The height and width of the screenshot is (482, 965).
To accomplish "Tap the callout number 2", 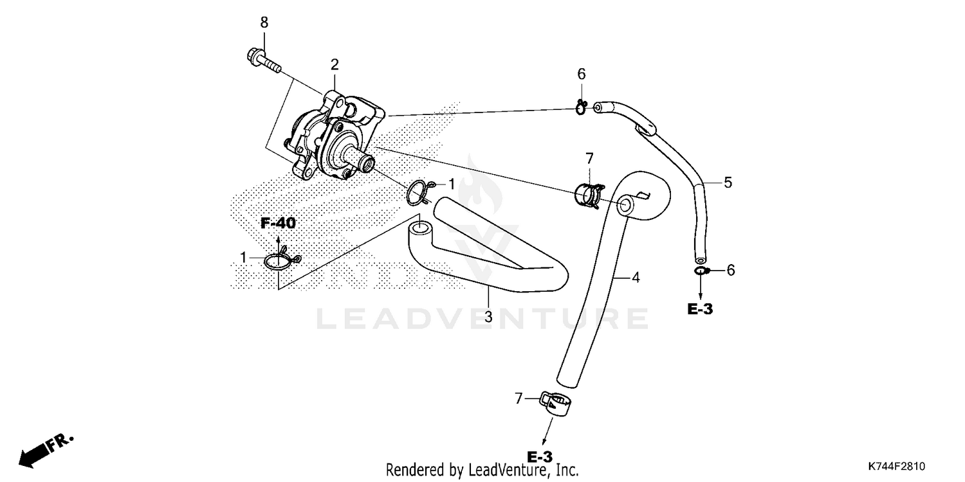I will click(x=335, y=64).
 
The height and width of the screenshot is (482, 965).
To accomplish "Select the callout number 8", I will click(x=264, y=22).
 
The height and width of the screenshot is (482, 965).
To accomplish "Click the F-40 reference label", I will click(x=278, y=224).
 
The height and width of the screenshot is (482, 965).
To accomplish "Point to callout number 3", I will click(x=488, y=316).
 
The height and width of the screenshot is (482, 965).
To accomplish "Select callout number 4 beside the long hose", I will click(x=635, y=278).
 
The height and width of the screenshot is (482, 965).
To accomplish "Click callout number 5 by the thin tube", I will click(x=727, y=183).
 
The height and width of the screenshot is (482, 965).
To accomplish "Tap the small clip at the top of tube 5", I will click(x=582, y=107).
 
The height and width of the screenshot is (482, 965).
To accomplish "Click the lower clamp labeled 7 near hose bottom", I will click(x=556, y=403).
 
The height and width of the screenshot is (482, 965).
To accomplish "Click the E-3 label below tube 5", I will click(x=700, y=309).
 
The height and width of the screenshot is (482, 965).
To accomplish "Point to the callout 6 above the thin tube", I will click(x=581, y=74).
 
